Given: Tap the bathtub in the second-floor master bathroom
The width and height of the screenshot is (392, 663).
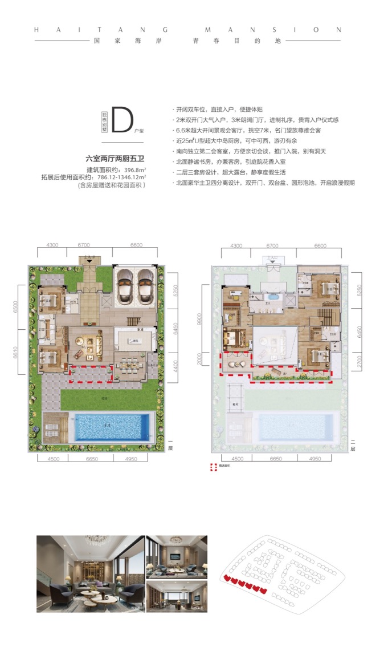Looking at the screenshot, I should click(x=273, y=298).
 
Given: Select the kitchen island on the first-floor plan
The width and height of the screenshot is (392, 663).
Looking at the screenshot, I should click(x=135, y=341).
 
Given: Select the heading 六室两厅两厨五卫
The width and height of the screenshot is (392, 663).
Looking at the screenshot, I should click(x=115, y=160).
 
